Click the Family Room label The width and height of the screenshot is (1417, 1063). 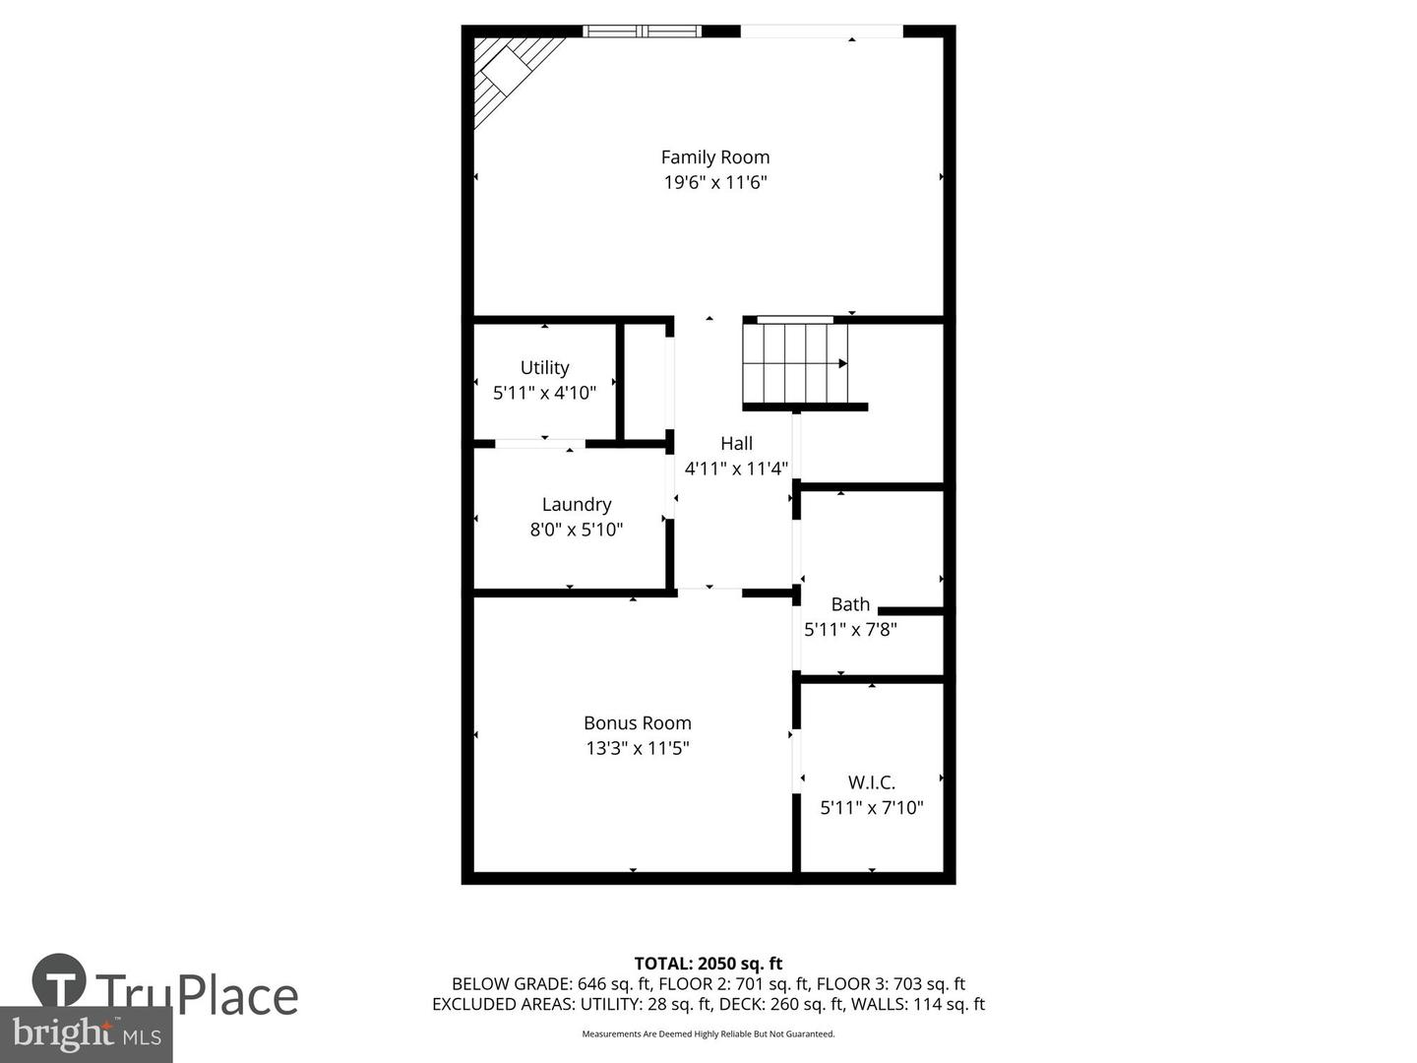714,157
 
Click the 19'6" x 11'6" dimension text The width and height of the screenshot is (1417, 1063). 714,182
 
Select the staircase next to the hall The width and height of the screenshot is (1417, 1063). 795,363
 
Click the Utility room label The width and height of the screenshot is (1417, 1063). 544,367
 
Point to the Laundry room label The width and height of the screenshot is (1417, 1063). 577,505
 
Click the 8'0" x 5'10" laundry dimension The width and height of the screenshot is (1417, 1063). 577,530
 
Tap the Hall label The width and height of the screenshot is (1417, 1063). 736,444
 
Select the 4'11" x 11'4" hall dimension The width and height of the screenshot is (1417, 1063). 736,469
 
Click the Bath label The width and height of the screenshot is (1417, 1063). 850,604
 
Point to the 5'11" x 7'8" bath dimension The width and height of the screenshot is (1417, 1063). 850,629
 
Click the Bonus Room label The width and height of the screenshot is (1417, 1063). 638,723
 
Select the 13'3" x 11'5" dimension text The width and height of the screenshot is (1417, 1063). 638,748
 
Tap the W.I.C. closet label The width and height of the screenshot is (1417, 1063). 872,783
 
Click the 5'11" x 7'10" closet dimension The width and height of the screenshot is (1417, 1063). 872,808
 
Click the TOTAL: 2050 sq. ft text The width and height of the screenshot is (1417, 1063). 708,964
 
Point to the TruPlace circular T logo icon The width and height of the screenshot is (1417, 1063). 59,980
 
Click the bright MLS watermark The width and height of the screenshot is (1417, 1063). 87,1033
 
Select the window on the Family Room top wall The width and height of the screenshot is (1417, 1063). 642,31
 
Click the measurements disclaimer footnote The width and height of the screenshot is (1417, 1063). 708,1034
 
